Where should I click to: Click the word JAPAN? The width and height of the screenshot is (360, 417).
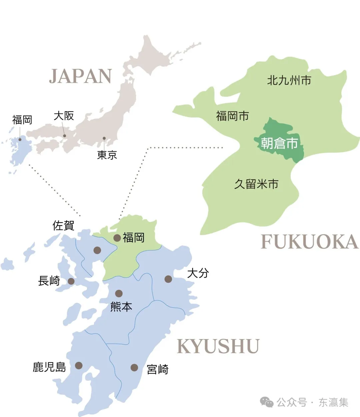(x=80, y=76)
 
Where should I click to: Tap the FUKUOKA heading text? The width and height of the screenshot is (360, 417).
(x=310, y=242)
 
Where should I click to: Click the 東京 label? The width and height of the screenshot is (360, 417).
(x=107, y=155)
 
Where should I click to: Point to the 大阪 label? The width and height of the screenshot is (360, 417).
(x=64, y=116)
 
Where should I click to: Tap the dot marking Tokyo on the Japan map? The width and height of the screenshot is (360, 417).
(x=104, y=138)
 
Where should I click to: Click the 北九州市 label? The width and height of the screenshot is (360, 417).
(x=289, y=80)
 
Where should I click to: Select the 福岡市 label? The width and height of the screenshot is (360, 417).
(x=232, y=116)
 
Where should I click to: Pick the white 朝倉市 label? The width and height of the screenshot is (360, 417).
(x=279, y=143)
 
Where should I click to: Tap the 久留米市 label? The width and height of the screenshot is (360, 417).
(x=256, y=184)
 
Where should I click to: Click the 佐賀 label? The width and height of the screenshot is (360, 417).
(x=63, y=226)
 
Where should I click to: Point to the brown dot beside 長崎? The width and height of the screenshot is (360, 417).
(x=71, y=281)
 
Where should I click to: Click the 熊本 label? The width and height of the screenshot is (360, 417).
(x=121, y=307)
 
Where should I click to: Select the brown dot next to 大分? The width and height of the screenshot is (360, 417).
(x=168, y=279)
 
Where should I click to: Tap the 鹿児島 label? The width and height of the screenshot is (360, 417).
(x=49, y=367)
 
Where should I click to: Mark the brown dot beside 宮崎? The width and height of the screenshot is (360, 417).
(x=134, y=367)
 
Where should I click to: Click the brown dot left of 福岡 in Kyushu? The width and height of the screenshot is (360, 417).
(x=117, y=238)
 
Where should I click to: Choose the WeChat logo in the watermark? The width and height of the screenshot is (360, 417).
(x=267, y=402)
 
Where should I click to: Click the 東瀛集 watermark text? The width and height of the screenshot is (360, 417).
(x=333, y=402)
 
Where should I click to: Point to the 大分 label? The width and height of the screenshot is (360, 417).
(x=198, y=273)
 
